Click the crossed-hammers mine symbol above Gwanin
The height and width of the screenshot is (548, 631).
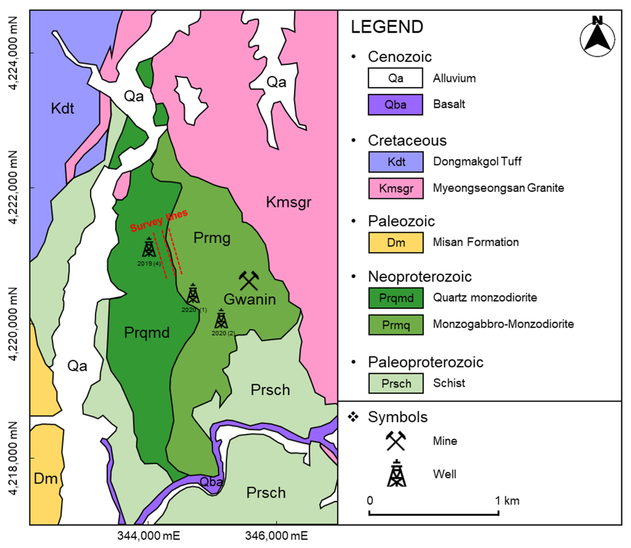pyautogui.click(x=249, y=280)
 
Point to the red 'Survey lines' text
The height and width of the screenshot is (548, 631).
pyautogui.click(x=159, y=221)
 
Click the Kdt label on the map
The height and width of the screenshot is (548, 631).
pyautogui.click(x=62, y=109)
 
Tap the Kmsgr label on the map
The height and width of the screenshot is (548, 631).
pyautogui.click(x=288, y=202)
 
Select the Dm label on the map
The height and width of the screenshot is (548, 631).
pyautogui.click(x=46, y=479)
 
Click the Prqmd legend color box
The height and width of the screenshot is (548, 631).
pyautogui.click(x=396, y=298)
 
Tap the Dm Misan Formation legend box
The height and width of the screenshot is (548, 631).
pyautogui.click(x=396, y=243)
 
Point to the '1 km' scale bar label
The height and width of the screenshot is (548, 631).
pyautogui.click(x=507, y=501)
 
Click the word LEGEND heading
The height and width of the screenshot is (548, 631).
pyautogui.click(x=387, y=27)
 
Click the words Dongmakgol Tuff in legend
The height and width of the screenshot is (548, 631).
pyautogui.click(x=477, y=162)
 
